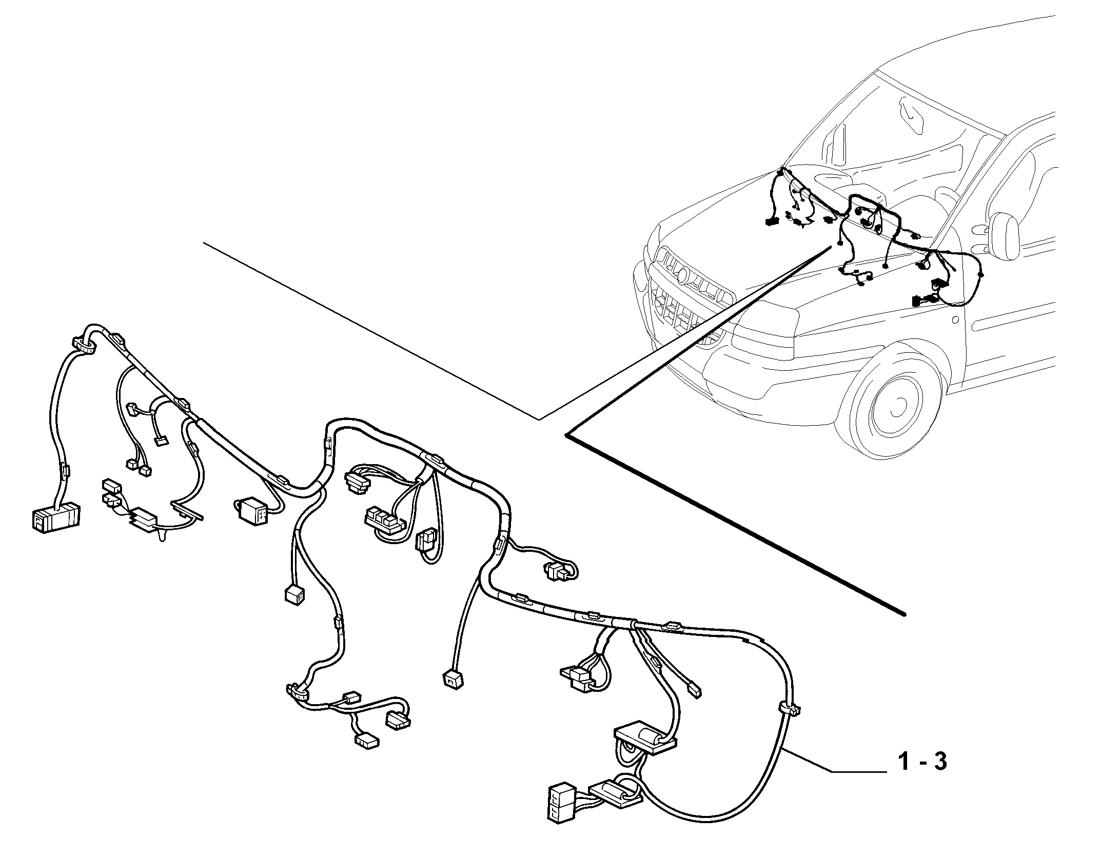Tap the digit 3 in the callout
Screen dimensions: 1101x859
(x=939, y=776)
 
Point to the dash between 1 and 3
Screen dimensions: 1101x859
(x=921, y=778)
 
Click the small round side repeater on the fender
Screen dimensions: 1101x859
(x=955, y=320)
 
